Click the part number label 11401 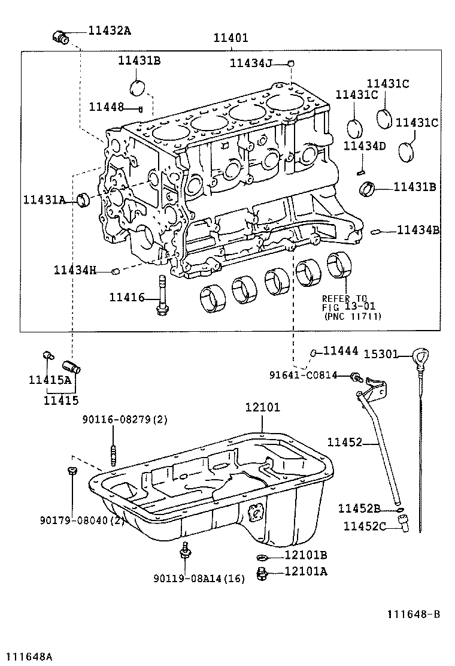pyautogui.click(x=231, y=38)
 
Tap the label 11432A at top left pyautogui.click(x=109, y=31)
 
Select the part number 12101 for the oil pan pyautogui.click(x=262, y=407)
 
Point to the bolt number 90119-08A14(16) pyautogui.click(x=199, y=579)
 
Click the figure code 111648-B pyautogui.click(x=413, y=614)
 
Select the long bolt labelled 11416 pyautogui.click(x=162, y=295)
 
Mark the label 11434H pyautogui.click(x=75, y=270)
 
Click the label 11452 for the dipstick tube pyautogui.click(x=344, y=443)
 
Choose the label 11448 pyautogui.click(x=107, y=107)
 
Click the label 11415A pyautogui.click(x=50, y=379)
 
